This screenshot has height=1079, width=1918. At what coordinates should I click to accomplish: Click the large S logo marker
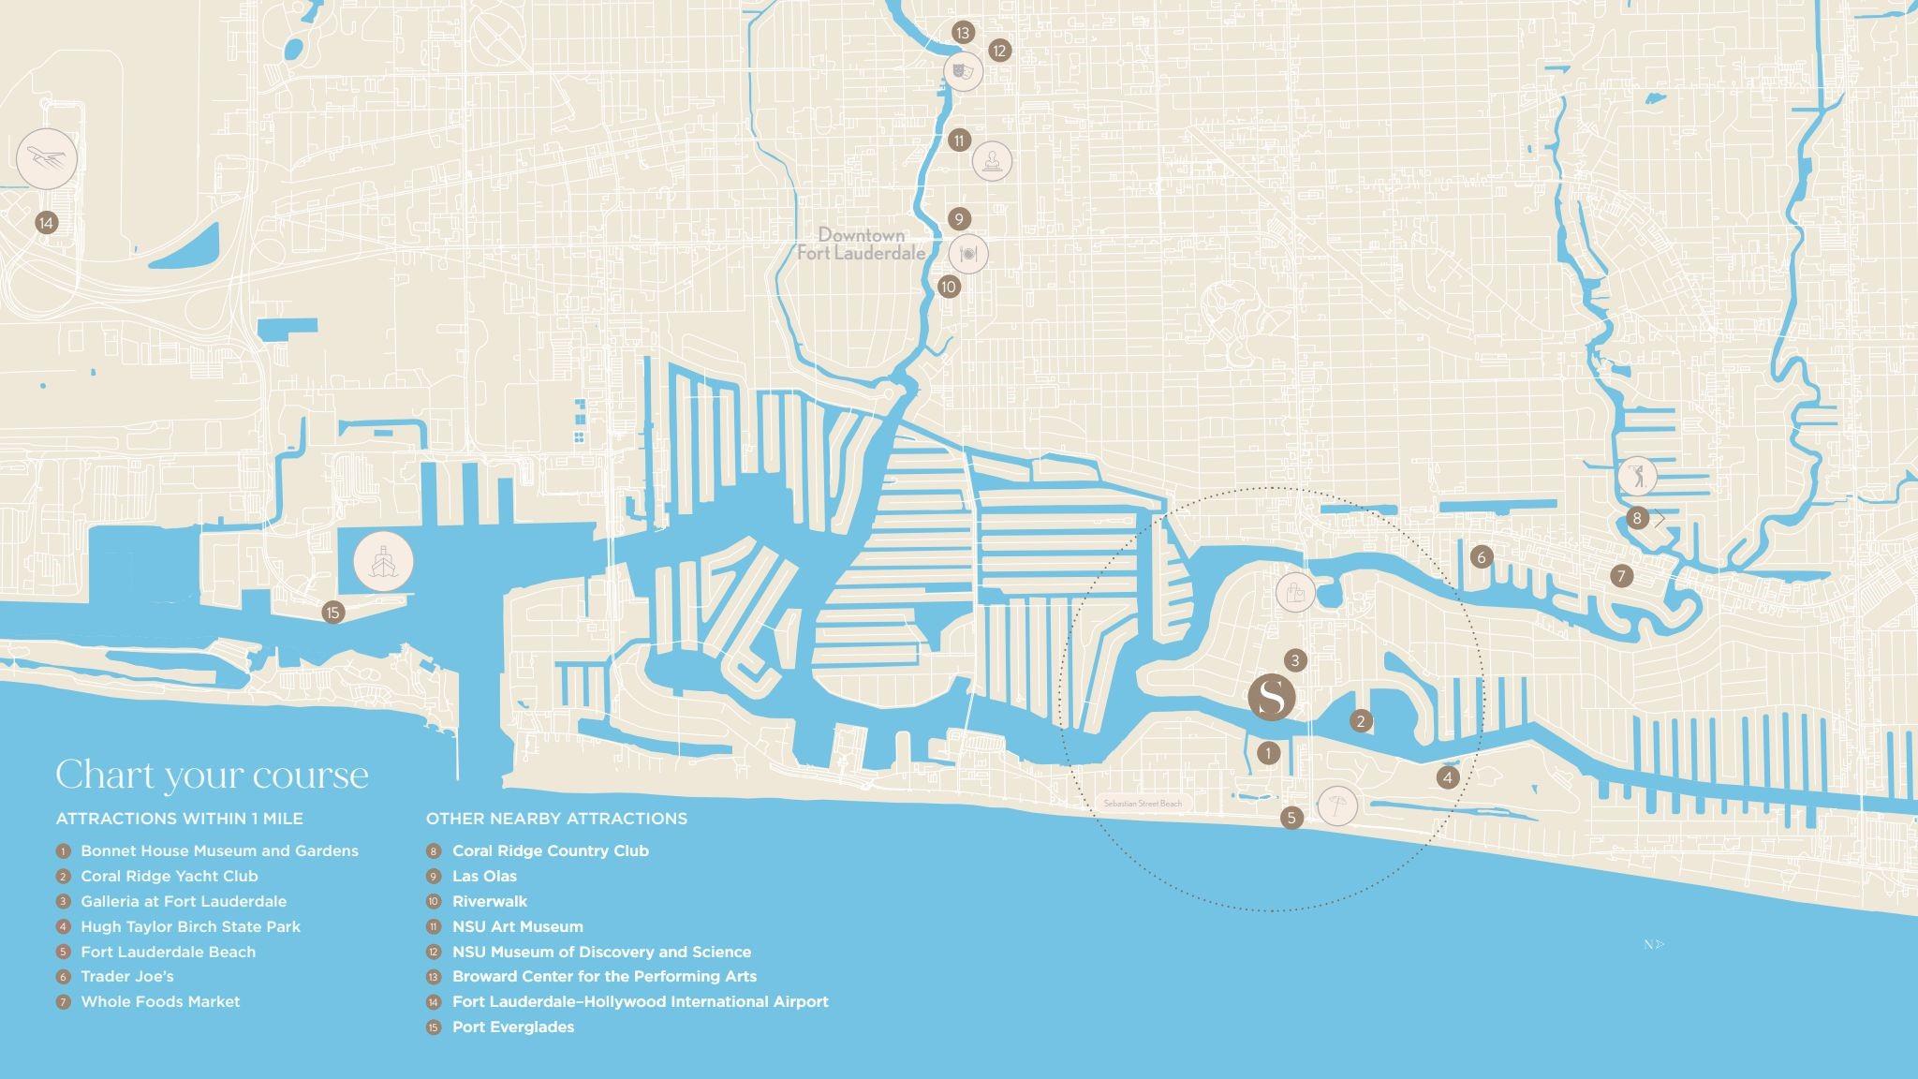click(1272, 697)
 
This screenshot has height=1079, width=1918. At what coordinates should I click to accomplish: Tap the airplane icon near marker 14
click(47, 158)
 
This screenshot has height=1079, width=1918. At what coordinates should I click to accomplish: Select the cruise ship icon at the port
click(383, 562)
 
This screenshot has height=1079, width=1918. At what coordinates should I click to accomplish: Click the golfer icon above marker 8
click(1636, 476)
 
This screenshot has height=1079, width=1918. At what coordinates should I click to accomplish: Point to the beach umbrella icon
click(1336, 806)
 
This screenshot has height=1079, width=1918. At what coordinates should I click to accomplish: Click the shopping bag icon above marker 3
click(1295, 592)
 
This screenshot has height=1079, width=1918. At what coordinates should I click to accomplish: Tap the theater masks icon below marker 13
click(963, 70)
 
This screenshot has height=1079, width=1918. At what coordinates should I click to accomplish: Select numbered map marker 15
click(332, 613)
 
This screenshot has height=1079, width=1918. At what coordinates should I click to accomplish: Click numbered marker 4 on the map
click(1448, 777)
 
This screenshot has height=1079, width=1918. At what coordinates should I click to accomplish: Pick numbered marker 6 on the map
click(1482, 557)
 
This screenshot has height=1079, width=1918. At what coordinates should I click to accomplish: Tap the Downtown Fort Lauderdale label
click(861, 244)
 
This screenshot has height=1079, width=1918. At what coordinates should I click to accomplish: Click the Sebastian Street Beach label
click(1143, 804)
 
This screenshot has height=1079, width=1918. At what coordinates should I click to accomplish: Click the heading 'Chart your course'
click(212, 775)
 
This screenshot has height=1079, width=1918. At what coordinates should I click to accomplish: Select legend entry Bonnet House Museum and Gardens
click(219, 850)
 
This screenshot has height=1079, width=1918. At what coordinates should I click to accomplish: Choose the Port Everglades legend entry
click(512, 1027)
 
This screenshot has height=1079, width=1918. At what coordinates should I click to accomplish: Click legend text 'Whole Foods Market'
click(160, 1001)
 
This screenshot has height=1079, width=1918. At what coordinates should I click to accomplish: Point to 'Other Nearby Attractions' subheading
click(556, 819)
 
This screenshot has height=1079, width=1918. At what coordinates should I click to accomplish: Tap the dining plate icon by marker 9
click(968, 253)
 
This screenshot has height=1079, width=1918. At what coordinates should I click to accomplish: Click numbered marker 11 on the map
click(959, 140)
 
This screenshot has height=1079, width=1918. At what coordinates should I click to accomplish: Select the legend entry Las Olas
click(484, 876)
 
